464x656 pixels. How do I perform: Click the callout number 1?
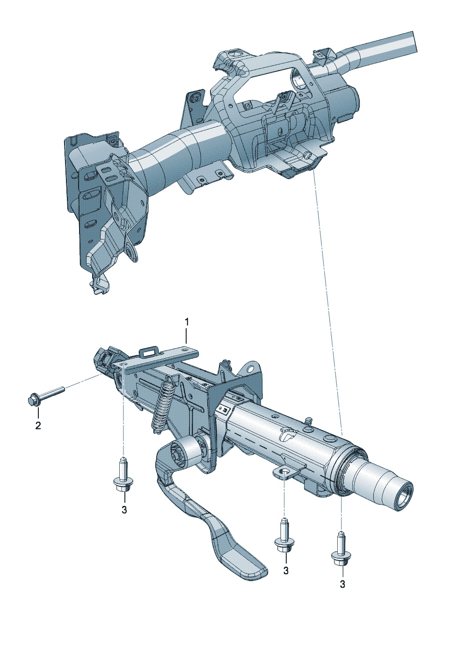pos(186,323)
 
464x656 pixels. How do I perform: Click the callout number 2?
pos(38,425)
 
